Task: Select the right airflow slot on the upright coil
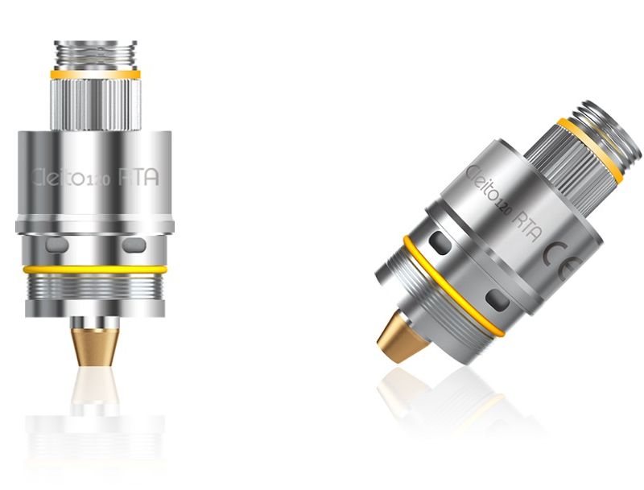tap(134, 243)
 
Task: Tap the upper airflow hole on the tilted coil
tap(440, 241)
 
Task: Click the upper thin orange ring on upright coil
tap(94, 75)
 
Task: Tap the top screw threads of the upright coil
tap(94, 53)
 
